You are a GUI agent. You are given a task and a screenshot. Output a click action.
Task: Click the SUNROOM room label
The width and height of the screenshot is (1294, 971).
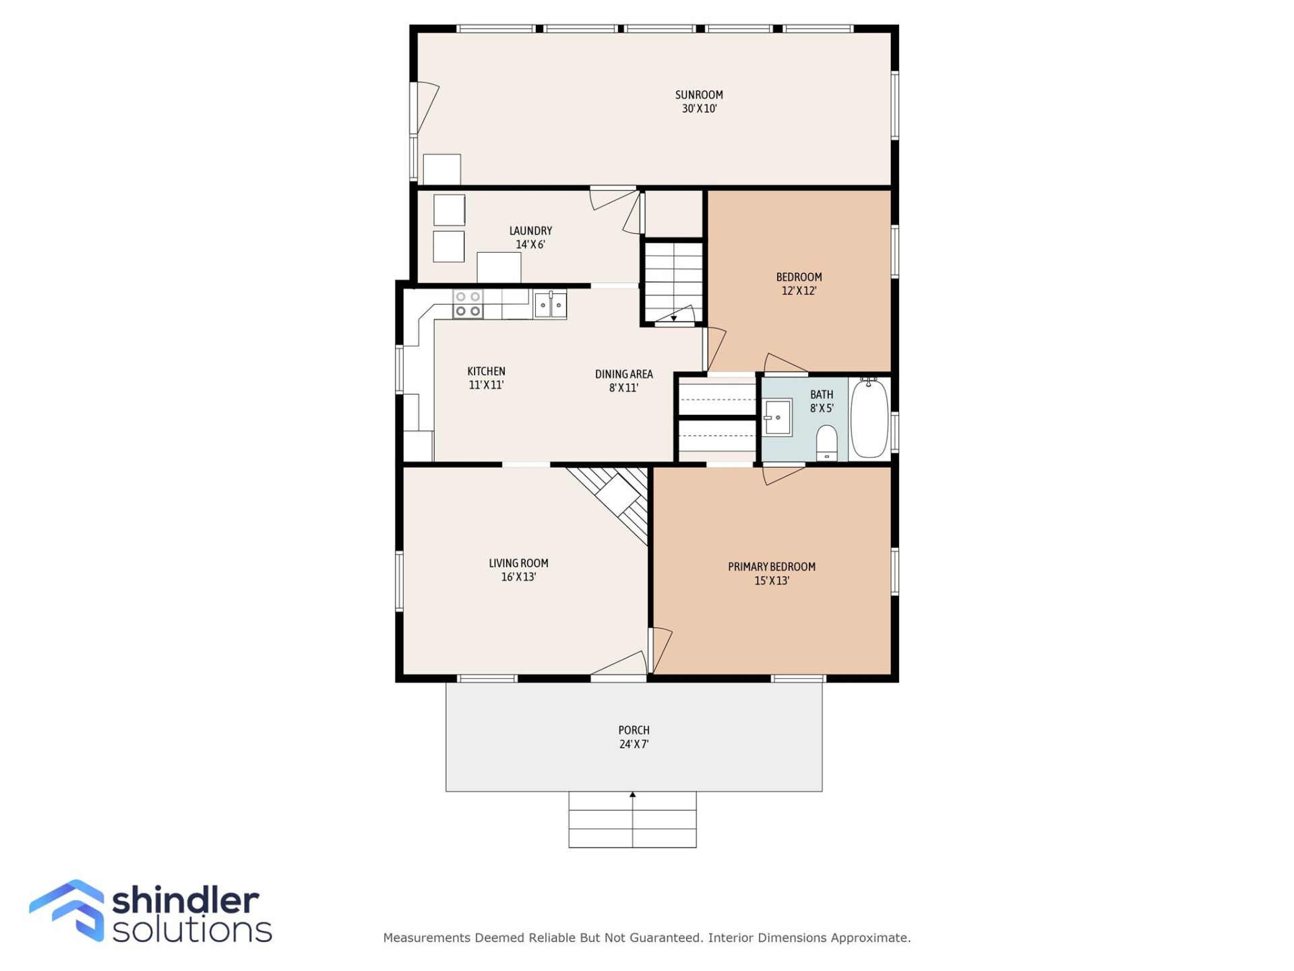699,95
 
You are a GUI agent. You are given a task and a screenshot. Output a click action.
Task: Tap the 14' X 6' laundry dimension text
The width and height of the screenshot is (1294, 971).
530,245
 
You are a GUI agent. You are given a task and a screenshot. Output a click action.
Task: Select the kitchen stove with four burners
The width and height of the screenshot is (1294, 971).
468,304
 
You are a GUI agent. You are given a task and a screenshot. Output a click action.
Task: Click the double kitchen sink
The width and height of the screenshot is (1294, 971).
550,305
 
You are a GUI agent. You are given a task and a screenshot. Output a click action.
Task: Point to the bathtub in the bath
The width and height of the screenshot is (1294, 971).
869,419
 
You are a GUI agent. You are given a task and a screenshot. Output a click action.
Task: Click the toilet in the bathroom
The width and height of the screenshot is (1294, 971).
826,442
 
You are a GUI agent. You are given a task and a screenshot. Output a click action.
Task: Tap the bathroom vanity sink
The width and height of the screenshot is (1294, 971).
777,418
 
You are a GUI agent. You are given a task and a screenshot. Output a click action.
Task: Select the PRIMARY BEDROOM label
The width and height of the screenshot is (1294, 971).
771,567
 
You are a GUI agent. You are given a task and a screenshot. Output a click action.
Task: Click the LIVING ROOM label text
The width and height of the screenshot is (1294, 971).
518,563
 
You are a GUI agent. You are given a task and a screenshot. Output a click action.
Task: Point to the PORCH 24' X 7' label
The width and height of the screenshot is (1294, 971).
634,737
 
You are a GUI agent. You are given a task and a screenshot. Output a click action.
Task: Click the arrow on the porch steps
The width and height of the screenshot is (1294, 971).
632,796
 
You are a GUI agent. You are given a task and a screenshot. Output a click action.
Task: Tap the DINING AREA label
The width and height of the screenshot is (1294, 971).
623,374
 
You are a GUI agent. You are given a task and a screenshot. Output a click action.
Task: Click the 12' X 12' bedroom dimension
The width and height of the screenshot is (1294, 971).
799,291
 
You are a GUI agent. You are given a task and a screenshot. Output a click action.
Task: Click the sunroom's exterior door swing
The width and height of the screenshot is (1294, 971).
426,107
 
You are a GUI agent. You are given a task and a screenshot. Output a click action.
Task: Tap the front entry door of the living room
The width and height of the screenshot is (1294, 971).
619,665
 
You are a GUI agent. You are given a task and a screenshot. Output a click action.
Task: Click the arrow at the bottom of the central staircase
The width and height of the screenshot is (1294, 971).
673,318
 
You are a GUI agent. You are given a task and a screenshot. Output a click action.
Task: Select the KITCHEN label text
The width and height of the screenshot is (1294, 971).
486,372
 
